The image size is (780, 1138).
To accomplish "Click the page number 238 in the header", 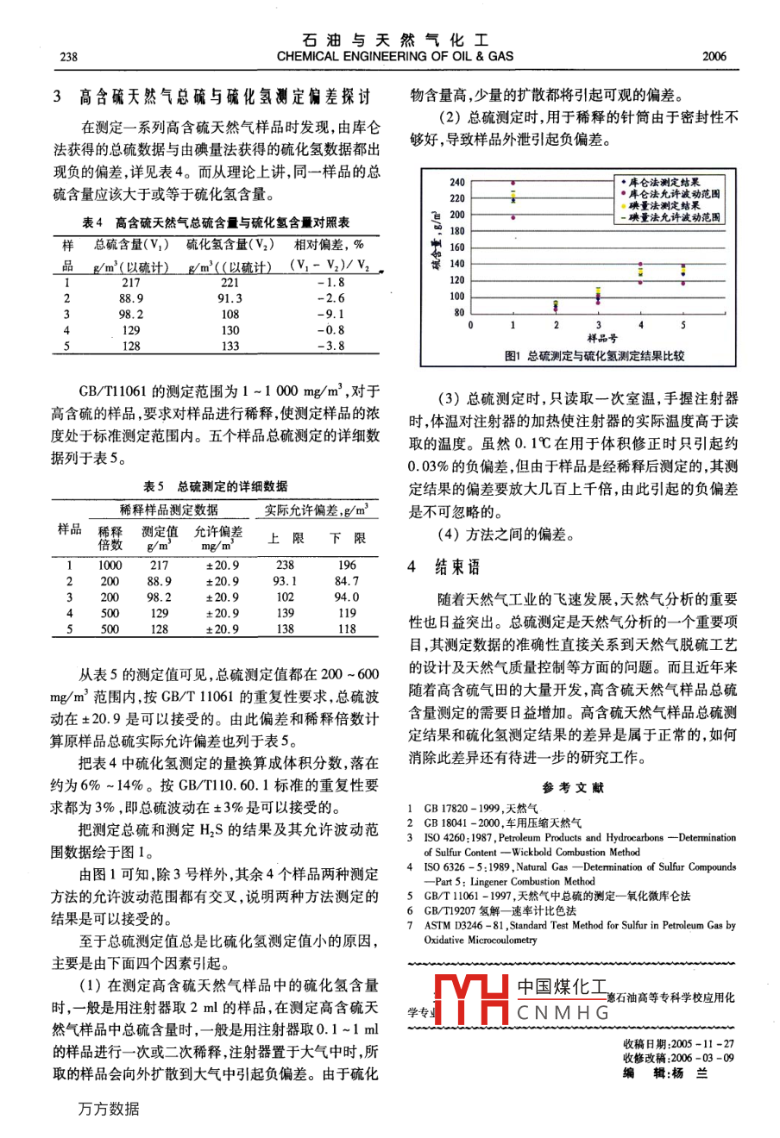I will click(x=68, y=57).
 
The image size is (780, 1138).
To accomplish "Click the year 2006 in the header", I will click(x=714, y=57).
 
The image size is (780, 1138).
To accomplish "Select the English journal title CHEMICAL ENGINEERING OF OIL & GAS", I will click(x=395, y=56).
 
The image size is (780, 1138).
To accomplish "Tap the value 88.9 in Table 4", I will click(x=131, y=298).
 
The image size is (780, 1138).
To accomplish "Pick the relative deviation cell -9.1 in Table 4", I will click(x=330, y=315).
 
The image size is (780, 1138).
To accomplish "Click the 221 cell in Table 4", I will click(x=230, y=282).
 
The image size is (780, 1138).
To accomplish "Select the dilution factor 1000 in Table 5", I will click(x=110, y=566).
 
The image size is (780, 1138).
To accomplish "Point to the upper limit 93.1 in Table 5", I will click(x=285, y=581).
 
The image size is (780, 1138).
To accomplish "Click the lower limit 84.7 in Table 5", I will click(x=347, y=581).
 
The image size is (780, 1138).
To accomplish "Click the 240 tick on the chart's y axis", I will click(x=456, y=182).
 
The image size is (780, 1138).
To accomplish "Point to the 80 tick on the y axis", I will click(x=459, y=313).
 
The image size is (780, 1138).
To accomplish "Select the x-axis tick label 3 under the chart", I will click(x=598, y=326).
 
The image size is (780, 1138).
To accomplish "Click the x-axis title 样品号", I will click(x=599, y=337).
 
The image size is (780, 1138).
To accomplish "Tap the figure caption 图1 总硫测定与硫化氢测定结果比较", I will click(x=594, y=355).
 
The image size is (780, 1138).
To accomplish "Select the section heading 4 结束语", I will click(x=443, y=566).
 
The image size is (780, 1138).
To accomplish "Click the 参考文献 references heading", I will click(x=573, y=788).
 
